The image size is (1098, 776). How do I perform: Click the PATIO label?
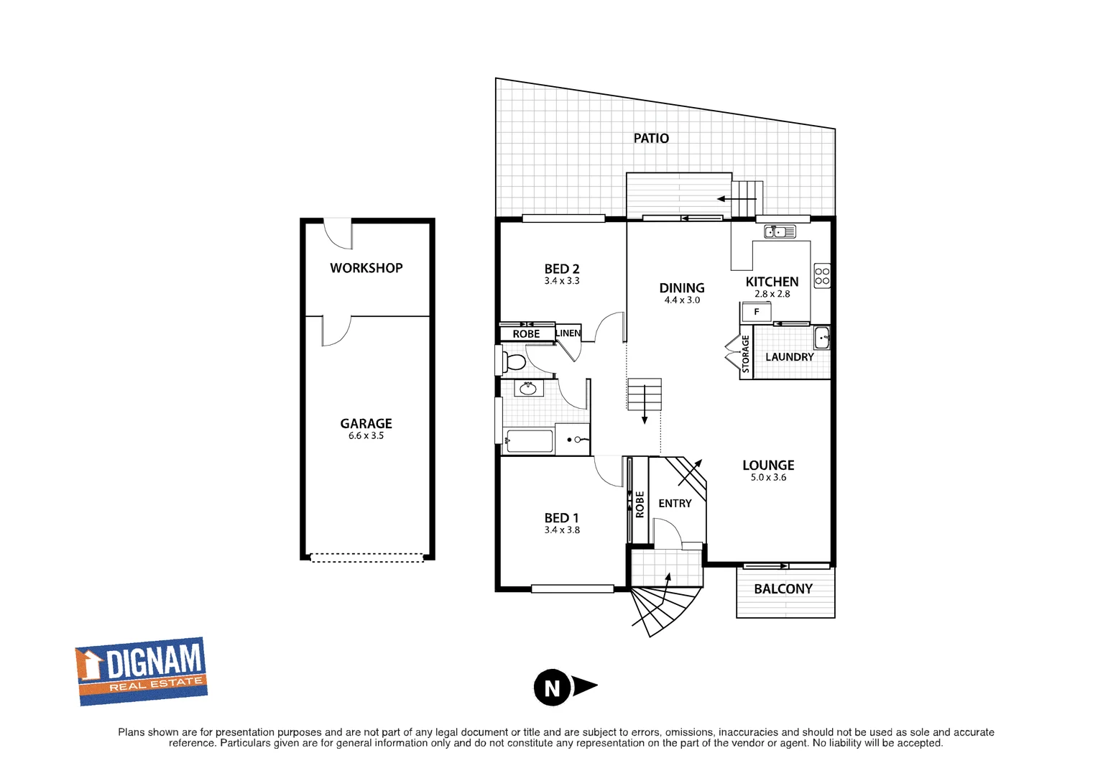[x=650, y=138]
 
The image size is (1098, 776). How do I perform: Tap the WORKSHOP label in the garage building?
[x=366, y=268]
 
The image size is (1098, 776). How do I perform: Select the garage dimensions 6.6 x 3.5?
[x=366, y=436]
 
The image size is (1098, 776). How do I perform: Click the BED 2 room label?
[x=561, y=269]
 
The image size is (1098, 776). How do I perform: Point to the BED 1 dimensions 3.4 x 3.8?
[x=561, y=530]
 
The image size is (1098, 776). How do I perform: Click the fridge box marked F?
[x=757, y=312]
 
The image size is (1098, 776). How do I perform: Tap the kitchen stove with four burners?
[x=822, y=277]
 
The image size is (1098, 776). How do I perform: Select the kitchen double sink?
[x=780, y=231]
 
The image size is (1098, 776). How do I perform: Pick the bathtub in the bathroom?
[x=529, y=441]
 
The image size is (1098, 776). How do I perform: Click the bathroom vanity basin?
[x=528, y=389]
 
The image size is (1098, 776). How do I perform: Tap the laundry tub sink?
[x=822, y=337]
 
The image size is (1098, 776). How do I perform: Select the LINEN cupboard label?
[x=568, y=333]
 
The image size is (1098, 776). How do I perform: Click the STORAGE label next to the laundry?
[x=746, y=354]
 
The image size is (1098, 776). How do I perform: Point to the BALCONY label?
[x=783, y=589]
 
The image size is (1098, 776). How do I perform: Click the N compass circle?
[x=552, y=688]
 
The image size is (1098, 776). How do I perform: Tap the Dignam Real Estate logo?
[x=142, y=671]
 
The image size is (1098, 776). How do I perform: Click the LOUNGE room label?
[x=767, y=466]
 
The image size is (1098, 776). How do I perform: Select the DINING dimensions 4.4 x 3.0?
[x=681, y=300]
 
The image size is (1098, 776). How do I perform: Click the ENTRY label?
[x=675, y=504]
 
